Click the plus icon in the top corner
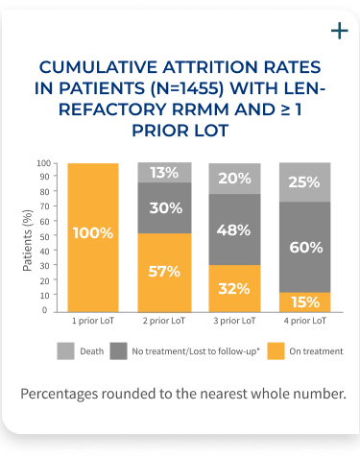338,31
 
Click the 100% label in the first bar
93,233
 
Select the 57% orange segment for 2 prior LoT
164,272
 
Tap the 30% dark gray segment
164,208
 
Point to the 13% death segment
164,173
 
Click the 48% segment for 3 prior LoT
235,230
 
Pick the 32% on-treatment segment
235,287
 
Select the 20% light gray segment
235,178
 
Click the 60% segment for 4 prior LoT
305,247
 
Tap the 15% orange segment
305,301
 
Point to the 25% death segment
305,182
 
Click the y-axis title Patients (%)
27,236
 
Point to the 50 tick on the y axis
43,237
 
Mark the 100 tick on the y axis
41,163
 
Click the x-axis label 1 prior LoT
93,320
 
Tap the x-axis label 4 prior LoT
305,320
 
